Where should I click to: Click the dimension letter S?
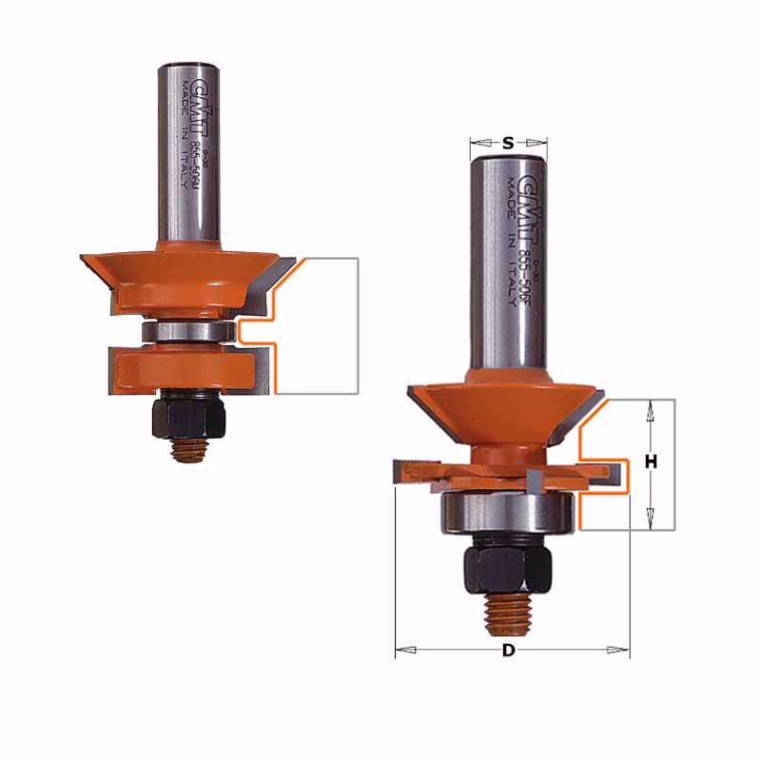click(508, 144)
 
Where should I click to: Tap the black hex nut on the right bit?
click(508, 569)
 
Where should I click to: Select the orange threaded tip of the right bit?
click(509, 617)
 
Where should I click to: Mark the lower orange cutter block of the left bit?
click(181, 366)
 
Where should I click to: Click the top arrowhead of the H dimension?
click(652, 411)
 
